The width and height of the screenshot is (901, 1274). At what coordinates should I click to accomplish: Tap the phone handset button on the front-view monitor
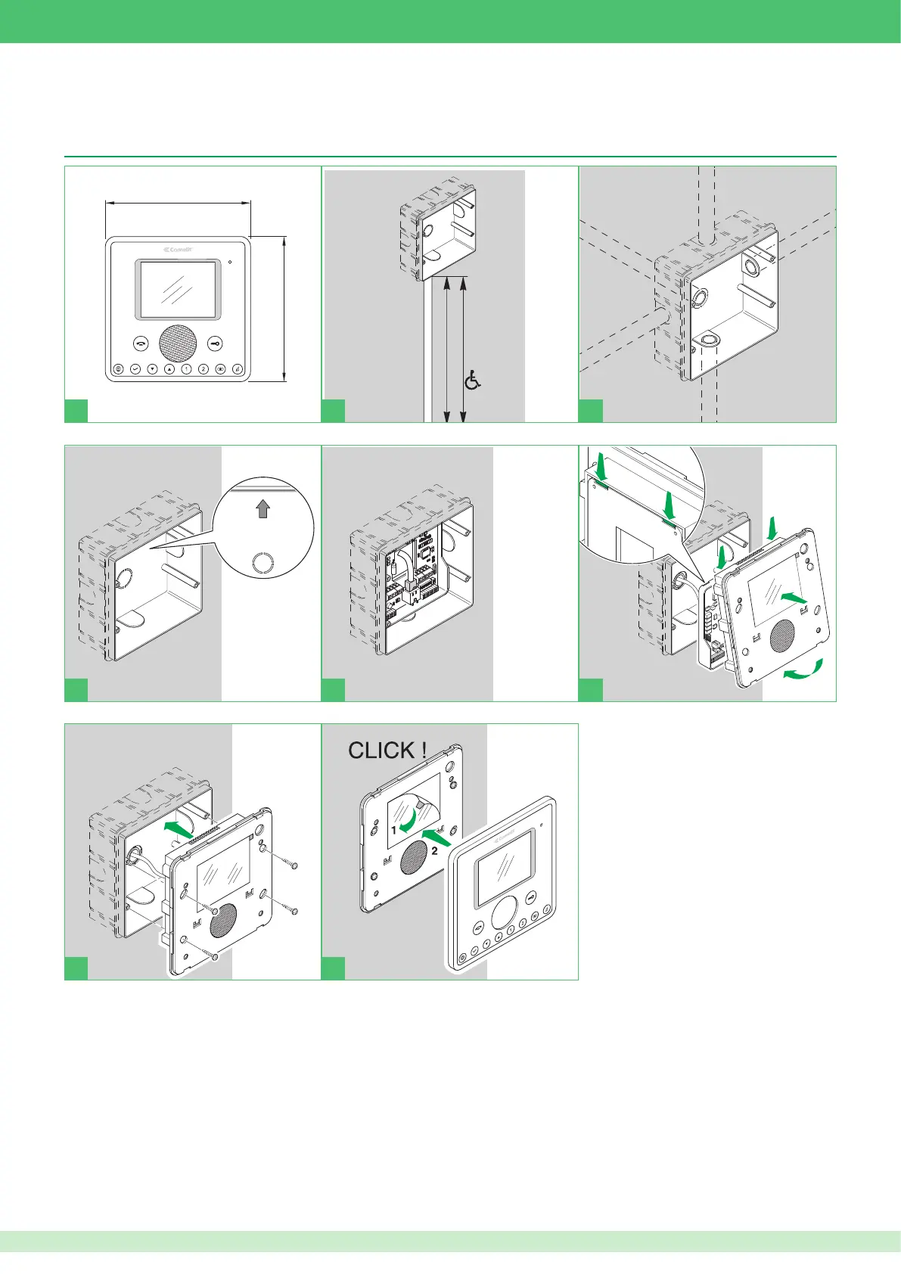142,343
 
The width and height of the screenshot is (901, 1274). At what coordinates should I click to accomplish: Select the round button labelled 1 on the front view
186,369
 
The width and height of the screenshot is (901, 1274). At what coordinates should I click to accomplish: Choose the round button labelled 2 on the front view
204,369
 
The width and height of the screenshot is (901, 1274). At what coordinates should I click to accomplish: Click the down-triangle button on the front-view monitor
152,369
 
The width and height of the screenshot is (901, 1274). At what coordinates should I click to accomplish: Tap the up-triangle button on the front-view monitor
169,369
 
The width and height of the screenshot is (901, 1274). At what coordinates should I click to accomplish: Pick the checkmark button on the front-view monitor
135,369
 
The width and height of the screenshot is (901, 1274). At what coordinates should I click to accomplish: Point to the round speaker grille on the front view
179,343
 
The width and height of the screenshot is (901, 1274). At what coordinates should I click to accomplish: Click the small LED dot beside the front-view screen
230,264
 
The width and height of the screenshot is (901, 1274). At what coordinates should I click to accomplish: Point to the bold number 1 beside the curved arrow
394,830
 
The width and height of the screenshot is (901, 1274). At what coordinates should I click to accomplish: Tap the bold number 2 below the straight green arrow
435,851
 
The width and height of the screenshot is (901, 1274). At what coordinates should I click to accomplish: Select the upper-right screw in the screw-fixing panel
295,865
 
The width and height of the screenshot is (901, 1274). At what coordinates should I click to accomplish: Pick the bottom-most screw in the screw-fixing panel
216,958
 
